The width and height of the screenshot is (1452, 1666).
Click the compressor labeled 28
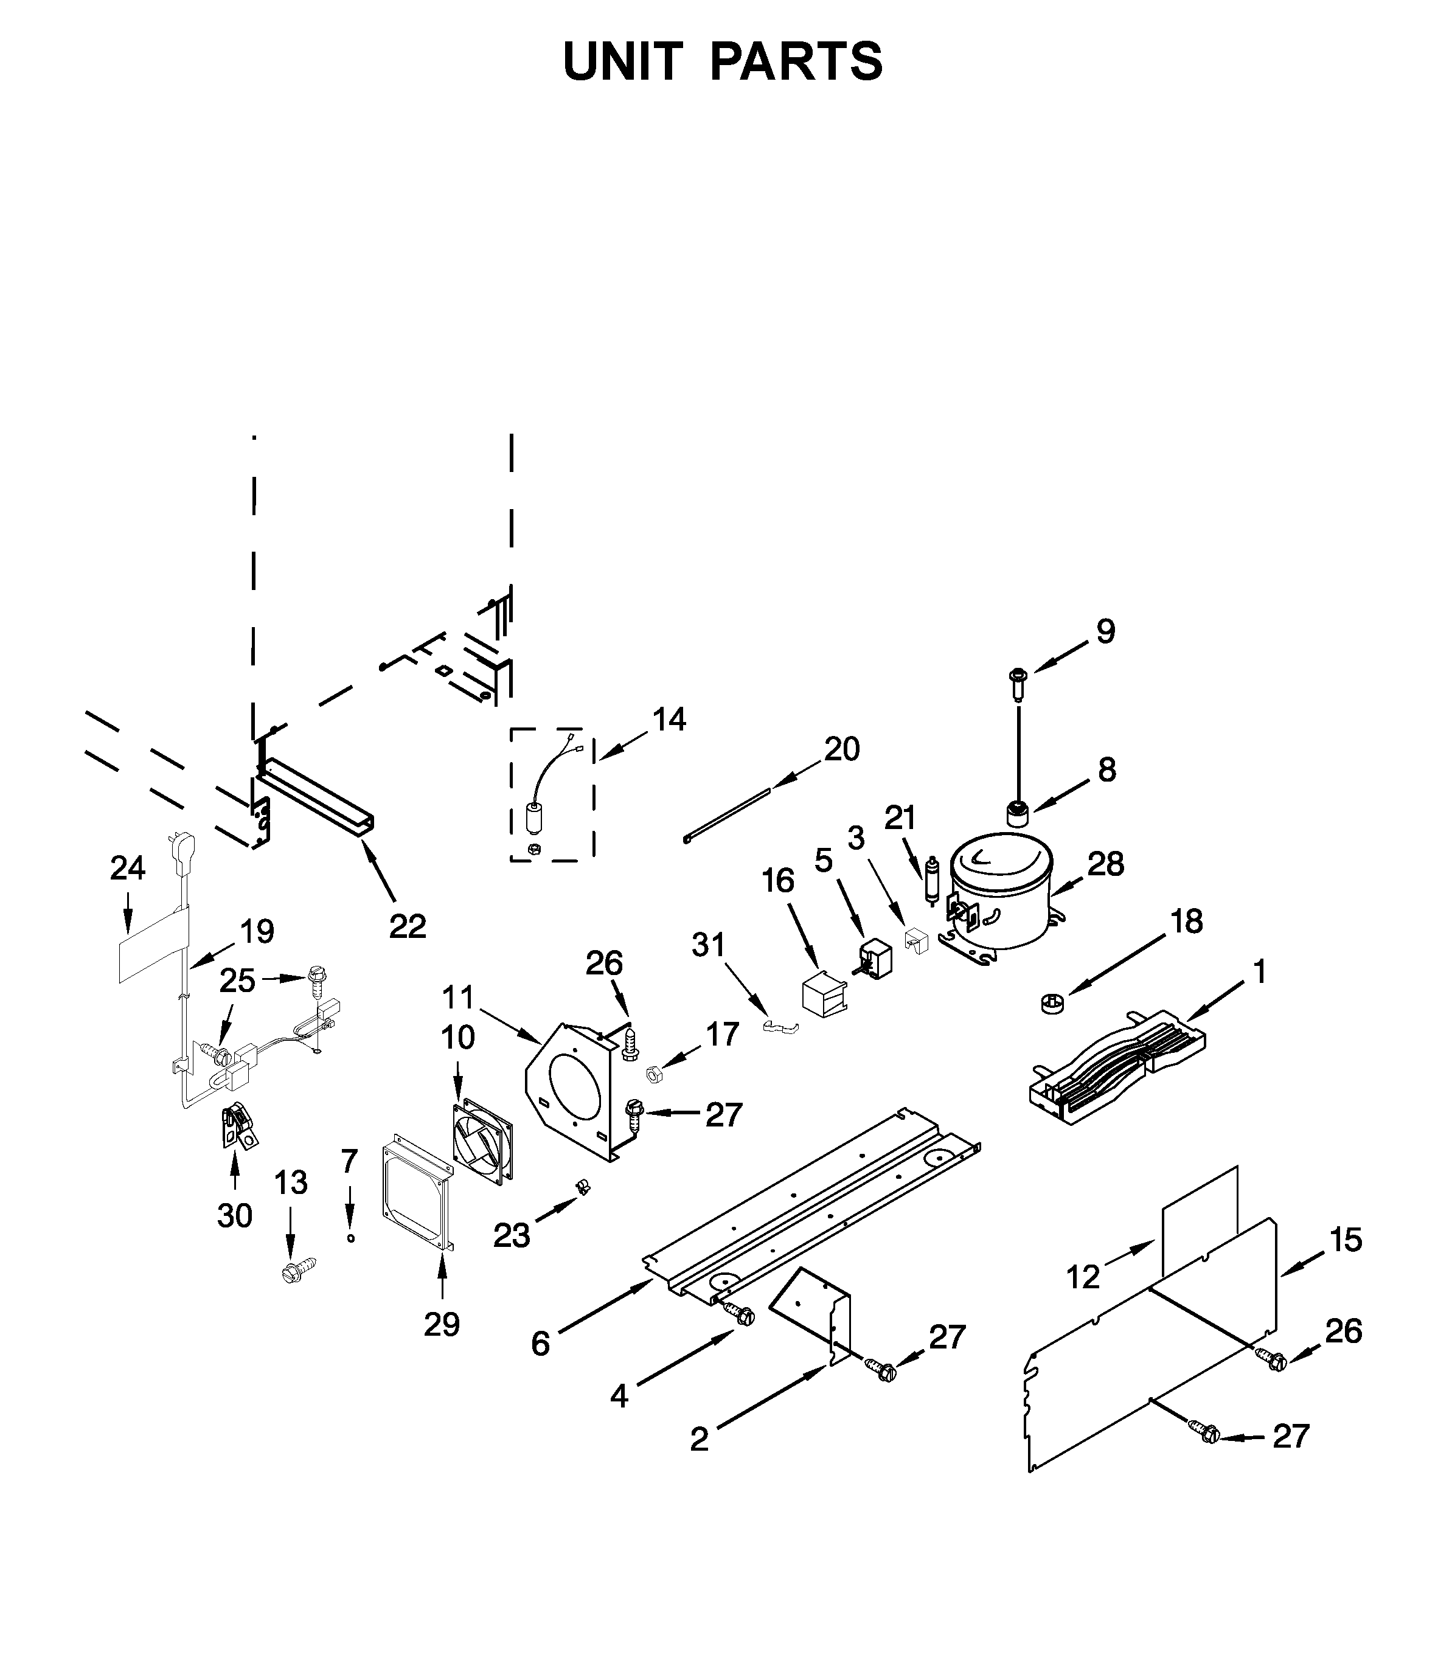(1002, 891)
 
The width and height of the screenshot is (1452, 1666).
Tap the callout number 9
(1105, 631)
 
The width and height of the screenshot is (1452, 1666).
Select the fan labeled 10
(483, 1142)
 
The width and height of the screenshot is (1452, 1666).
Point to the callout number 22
(407, 926)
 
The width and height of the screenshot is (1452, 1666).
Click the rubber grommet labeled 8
(1016, 813)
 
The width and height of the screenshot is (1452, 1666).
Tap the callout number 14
(669, 719)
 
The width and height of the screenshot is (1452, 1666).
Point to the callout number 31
(708, 944)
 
